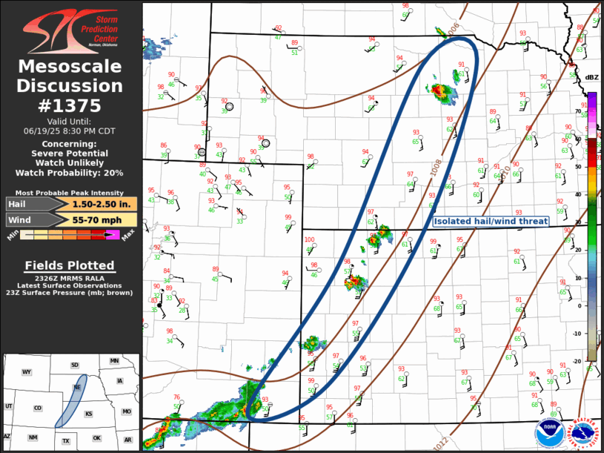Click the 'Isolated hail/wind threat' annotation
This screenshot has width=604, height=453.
click(491, 221)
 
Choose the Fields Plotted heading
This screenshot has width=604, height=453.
click(70, 265)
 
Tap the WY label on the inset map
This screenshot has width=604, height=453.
click(27, 371)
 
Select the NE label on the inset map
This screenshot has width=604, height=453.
click(76, 387)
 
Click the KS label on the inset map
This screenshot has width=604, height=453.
click(88, 414)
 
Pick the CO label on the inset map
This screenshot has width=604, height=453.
click(38, 408)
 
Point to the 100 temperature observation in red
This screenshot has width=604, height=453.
click(309, 239)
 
